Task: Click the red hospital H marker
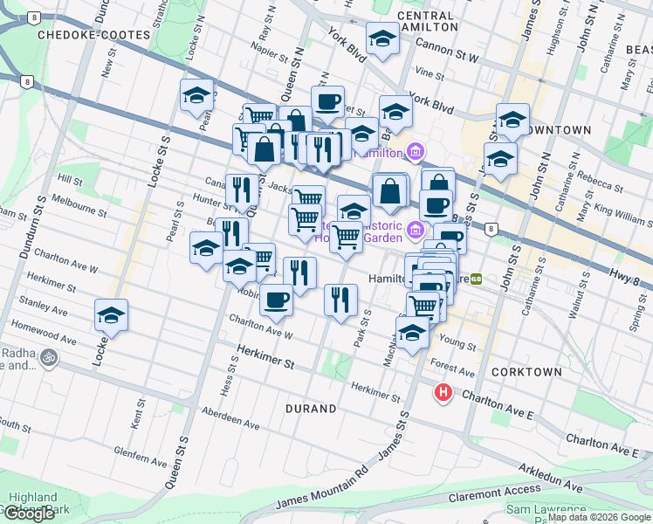pos(443,393)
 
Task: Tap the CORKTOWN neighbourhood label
pos(526,372)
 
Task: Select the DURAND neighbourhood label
pos(311,409)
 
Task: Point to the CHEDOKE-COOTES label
pos(79,34)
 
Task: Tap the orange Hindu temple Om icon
pos(47,357)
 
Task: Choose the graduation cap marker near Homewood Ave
pos(111,315)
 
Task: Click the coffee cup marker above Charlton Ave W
pos(278,300)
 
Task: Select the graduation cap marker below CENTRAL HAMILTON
pos(381,39)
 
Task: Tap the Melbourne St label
pos(79,207)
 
